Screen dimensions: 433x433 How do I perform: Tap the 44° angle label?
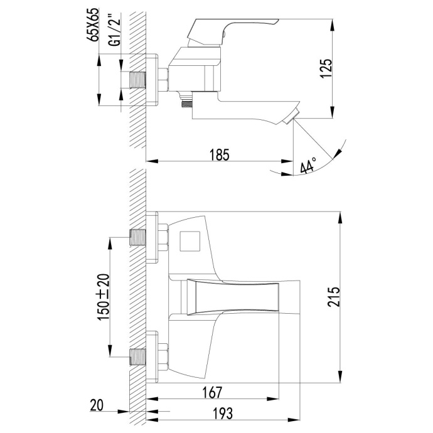coord(308,166)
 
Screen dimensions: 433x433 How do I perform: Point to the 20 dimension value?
coord(96,406)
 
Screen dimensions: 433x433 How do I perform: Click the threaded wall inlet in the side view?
coord(137,80)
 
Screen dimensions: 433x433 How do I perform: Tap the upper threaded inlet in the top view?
coord(137,238)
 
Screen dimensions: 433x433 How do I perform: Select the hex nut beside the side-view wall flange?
coord(164,80)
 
